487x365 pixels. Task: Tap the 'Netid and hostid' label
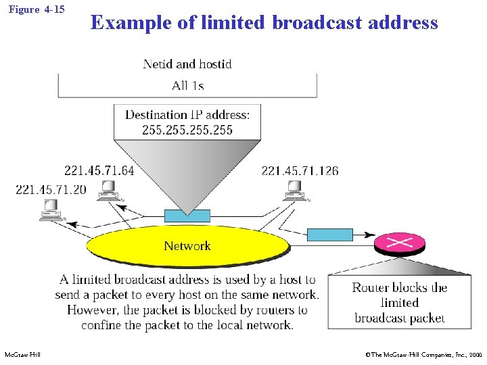coord(187,64)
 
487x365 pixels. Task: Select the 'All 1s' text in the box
coord(187,85)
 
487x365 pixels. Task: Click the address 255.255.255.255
coord(187,130)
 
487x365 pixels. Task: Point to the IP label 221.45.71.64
coord(99,170)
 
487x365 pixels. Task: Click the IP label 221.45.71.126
coord(300,170)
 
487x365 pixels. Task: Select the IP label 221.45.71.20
coord(51,189)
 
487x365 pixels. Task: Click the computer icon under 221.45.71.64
coord(108,191)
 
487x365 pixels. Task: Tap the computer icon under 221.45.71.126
coord(296,191)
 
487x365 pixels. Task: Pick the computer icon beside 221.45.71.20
coord(51,211)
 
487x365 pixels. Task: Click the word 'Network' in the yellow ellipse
coord(187,246)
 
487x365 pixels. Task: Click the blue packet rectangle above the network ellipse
coord(187,216)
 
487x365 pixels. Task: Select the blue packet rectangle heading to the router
coord(330,235)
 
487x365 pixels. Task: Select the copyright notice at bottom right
coord(423,354)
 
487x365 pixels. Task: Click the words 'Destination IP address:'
coord(187,115)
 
